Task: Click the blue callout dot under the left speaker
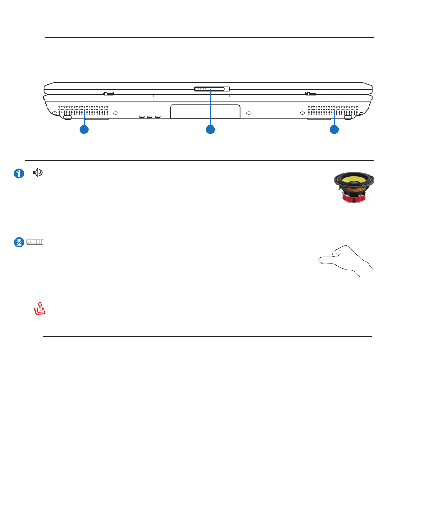(x=84, y=129)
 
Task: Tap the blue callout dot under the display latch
(x=210, y=129)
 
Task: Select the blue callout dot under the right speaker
(x=334, y=129)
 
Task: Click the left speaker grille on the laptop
(x=83, y=111)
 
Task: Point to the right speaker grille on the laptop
(x=333, y=111)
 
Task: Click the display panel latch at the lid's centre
(x=212, y=89)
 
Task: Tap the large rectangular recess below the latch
(x=205, y=111)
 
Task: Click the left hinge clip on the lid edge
(x=108, y=94)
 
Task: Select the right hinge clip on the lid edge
(x=311, y=94)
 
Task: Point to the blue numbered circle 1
(x=19, y=173)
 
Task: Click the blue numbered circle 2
(x=19, y=242)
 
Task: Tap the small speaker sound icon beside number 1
(x=38, y=172)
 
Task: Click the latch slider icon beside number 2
(x=35, y=242)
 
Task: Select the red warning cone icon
(x=40, y=308)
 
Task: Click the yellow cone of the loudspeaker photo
(x=354, y=180)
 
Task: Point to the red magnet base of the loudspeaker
(x=354, y=199)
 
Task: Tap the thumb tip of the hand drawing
(x=321, y=261)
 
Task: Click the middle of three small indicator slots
(x=150, y=117)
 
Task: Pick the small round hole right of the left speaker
(x=116, y=113)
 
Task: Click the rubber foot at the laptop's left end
(x=67, y=118)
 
